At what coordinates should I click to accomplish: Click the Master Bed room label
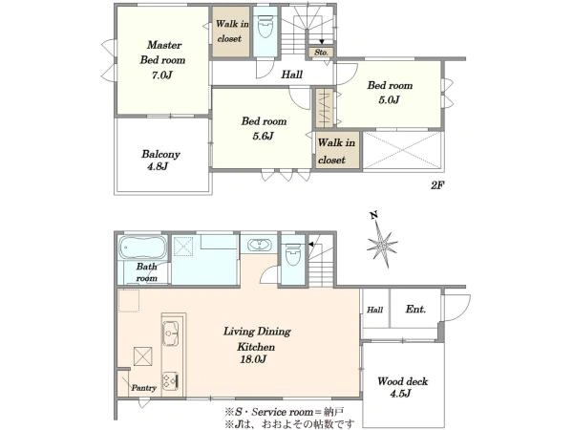(163, 53)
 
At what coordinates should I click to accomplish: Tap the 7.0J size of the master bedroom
(162, 75)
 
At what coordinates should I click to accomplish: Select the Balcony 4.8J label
(160, 161)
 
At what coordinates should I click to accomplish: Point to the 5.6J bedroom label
(263, 137)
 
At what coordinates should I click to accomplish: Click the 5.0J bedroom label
(390, 99)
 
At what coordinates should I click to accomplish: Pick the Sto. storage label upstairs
(321, 53)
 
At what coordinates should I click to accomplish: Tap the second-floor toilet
(265, 27)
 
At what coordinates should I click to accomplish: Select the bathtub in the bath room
(142, 247)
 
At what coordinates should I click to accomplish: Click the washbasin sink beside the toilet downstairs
(259, 245)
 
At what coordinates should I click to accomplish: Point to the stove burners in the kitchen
(170, 381)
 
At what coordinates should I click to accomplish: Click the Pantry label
(143, 388)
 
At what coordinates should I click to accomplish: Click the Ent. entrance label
(415, 310)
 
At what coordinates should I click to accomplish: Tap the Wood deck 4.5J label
(402, 387)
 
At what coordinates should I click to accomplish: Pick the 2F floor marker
(436, 185)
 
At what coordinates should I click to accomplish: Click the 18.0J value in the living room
(253, 360)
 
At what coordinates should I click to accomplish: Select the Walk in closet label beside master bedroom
(232, 32)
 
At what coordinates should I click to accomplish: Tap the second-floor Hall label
(291, 75)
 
